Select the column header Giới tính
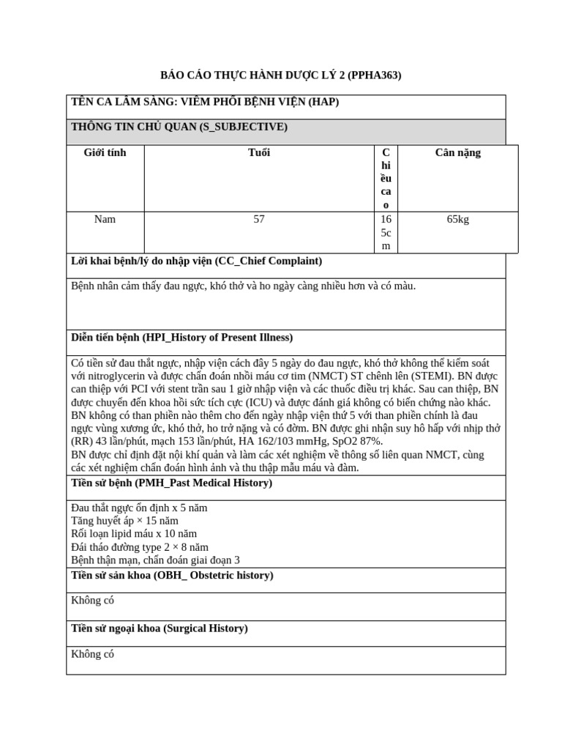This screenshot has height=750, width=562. pyautogui.click(x=105, y=153)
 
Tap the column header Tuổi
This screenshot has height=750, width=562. pyautogui.click(x=259, y=153)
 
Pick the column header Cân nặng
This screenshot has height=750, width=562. pyautogui.click(x=457, y=153)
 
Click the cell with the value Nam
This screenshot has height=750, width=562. pyautogui.click(x=105, y=220)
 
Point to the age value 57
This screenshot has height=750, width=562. pyautogui.click(x=259, y=220)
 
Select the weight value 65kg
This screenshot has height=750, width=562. pyautogui.click(x=457, y=220)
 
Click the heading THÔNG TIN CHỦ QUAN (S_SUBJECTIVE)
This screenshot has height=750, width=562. pyautogui.click(x=179, y=127)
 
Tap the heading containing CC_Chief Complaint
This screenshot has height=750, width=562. pyautogui.click(x=196, y=261)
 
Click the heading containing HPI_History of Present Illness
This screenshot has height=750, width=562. pyautogui.click(x=181, y=338)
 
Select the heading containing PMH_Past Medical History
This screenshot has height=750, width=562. pyautogui.click(x=171, y=483)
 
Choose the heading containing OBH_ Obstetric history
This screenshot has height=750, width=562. pyautogui.click(x=172, y=576)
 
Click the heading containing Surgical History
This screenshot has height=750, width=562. pyautogui.click(x=159, y=628)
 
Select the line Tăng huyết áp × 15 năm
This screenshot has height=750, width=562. pyautogui.click(x=125, y=521)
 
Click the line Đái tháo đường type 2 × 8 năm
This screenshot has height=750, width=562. pyautogui.click(x=140, y=547)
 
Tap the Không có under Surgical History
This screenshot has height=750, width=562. pyautogui.click(x=93, y=654)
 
